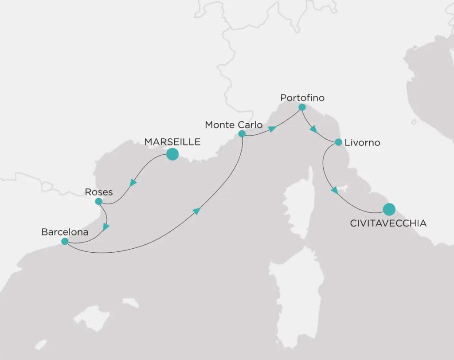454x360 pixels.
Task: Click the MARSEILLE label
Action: pyautogui.click(x=172, y=142)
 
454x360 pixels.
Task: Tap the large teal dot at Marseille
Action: pyautogui.click(x=172, y=154)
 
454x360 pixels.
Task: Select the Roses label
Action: pyautogui.click(x=98, y=192)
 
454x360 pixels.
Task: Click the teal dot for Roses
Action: pyautogui.click(x=98, y=202)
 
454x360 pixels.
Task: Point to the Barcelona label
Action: pyautogui.click(x=65, y=231)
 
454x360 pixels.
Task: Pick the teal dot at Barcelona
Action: pyautogui.click(x=65, y=242)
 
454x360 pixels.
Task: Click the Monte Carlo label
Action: pyautogui.click(x=234, y=125)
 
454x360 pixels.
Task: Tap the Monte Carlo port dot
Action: pyautogui.click(x=242, y=133)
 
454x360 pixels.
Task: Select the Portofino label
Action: pyautogui.click(x=302, y=97)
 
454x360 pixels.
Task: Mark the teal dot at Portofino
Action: pyautogui.click(x=302, y=107)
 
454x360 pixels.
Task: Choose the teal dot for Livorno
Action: pyautogui.click(x=338, y=142)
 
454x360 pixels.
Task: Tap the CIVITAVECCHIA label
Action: pyautogui.click(x=388, y=223)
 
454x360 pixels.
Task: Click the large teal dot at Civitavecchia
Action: pyautogui.click(x=389, y=208)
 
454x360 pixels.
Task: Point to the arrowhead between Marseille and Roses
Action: pyautogui.click(x=133, y=183)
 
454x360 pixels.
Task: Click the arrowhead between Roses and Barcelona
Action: pyautogui.click(x=106, y=227)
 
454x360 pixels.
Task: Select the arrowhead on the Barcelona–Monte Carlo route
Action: pyautogui.click(x=196, y=211)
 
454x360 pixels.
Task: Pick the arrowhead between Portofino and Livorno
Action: pyautogui.click(x=313, y=130)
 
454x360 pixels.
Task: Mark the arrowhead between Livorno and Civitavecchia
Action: pyautogui.click(x=334, y=190)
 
